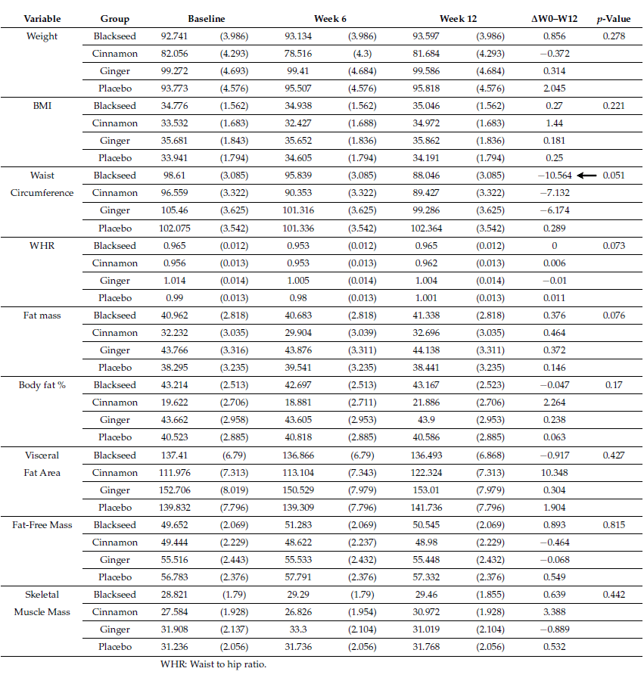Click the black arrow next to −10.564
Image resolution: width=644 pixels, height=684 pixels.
click(586, 176)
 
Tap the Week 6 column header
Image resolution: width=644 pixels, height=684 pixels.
click(330, 19)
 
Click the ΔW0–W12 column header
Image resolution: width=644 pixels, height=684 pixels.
click(555, 19)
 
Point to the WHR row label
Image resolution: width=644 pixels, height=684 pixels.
click(42, 246)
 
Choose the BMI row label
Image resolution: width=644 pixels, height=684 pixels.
click(42, 106)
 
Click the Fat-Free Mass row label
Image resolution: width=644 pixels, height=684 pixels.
click(42, 525)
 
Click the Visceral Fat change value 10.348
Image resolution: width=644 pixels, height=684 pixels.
click(555, 473)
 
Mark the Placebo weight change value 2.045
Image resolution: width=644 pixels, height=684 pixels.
click(555, 89)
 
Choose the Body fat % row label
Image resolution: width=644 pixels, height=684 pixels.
click(42, 385)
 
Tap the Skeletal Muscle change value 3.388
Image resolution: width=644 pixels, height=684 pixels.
click(555, 612)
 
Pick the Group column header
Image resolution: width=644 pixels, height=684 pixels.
click(114, 19)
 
